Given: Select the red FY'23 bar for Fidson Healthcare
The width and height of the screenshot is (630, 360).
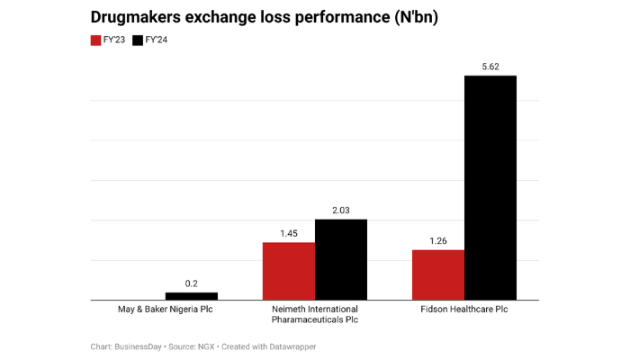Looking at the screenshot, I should coord(438,274).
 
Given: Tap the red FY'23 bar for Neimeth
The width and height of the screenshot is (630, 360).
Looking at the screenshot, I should coord(289,271).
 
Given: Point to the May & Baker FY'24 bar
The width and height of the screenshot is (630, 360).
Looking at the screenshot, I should coord(192,295).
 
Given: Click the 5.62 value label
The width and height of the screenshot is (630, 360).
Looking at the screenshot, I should coord(490,66).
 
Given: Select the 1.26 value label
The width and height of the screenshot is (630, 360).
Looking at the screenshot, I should coord(438,239).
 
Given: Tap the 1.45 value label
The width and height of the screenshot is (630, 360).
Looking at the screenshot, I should coord(289,232).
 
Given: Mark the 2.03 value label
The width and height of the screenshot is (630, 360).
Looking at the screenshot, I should coord(341,210).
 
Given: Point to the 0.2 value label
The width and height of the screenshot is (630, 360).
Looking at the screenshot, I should coord(192,283).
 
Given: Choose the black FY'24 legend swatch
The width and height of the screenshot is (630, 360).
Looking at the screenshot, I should coord(138,40).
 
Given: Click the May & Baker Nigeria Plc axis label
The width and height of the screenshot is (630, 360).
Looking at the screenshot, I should coord(166,309).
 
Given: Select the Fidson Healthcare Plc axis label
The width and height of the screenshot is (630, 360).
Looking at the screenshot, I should coord(464,309).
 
